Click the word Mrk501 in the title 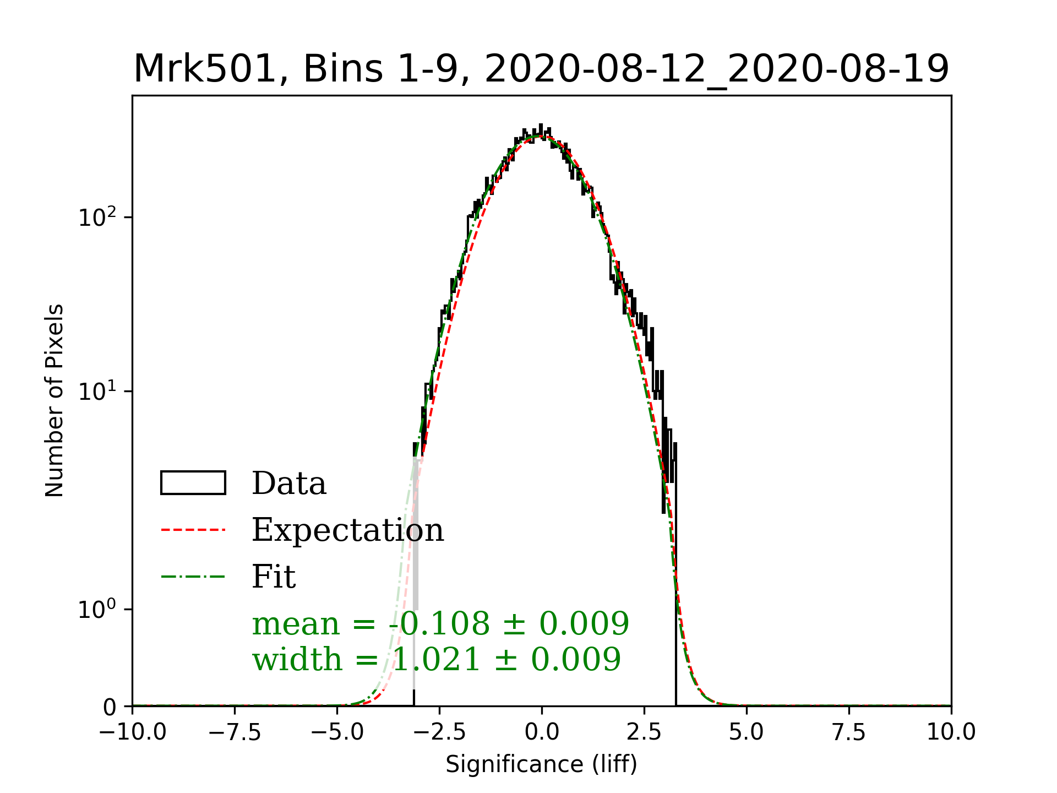point(204,69)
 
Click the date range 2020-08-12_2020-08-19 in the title point(717,69)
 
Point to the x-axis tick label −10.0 point(133,732)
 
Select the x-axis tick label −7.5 point(235,732)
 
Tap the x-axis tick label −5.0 point(337,732)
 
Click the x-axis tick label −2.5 point(440,732)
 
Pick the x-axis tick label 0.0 point(542,732)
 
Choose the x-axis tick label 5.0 point(747,732)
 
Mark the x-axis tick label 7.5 point(849,732)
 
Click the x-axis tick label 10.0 point(951,732)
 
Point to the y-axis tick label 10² point(97,218)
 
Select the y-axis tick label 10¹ point(97,392)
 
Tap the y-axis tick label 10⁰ point(97,610)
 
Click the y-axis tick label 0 point(110,707)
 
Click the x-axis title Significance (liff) point(542,764)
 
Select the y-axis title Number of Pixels point(55,400)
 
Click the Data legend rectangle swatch point(193,483)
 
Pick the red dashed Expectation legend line point(193,530)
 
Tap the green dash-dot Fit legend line point(193,577)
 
